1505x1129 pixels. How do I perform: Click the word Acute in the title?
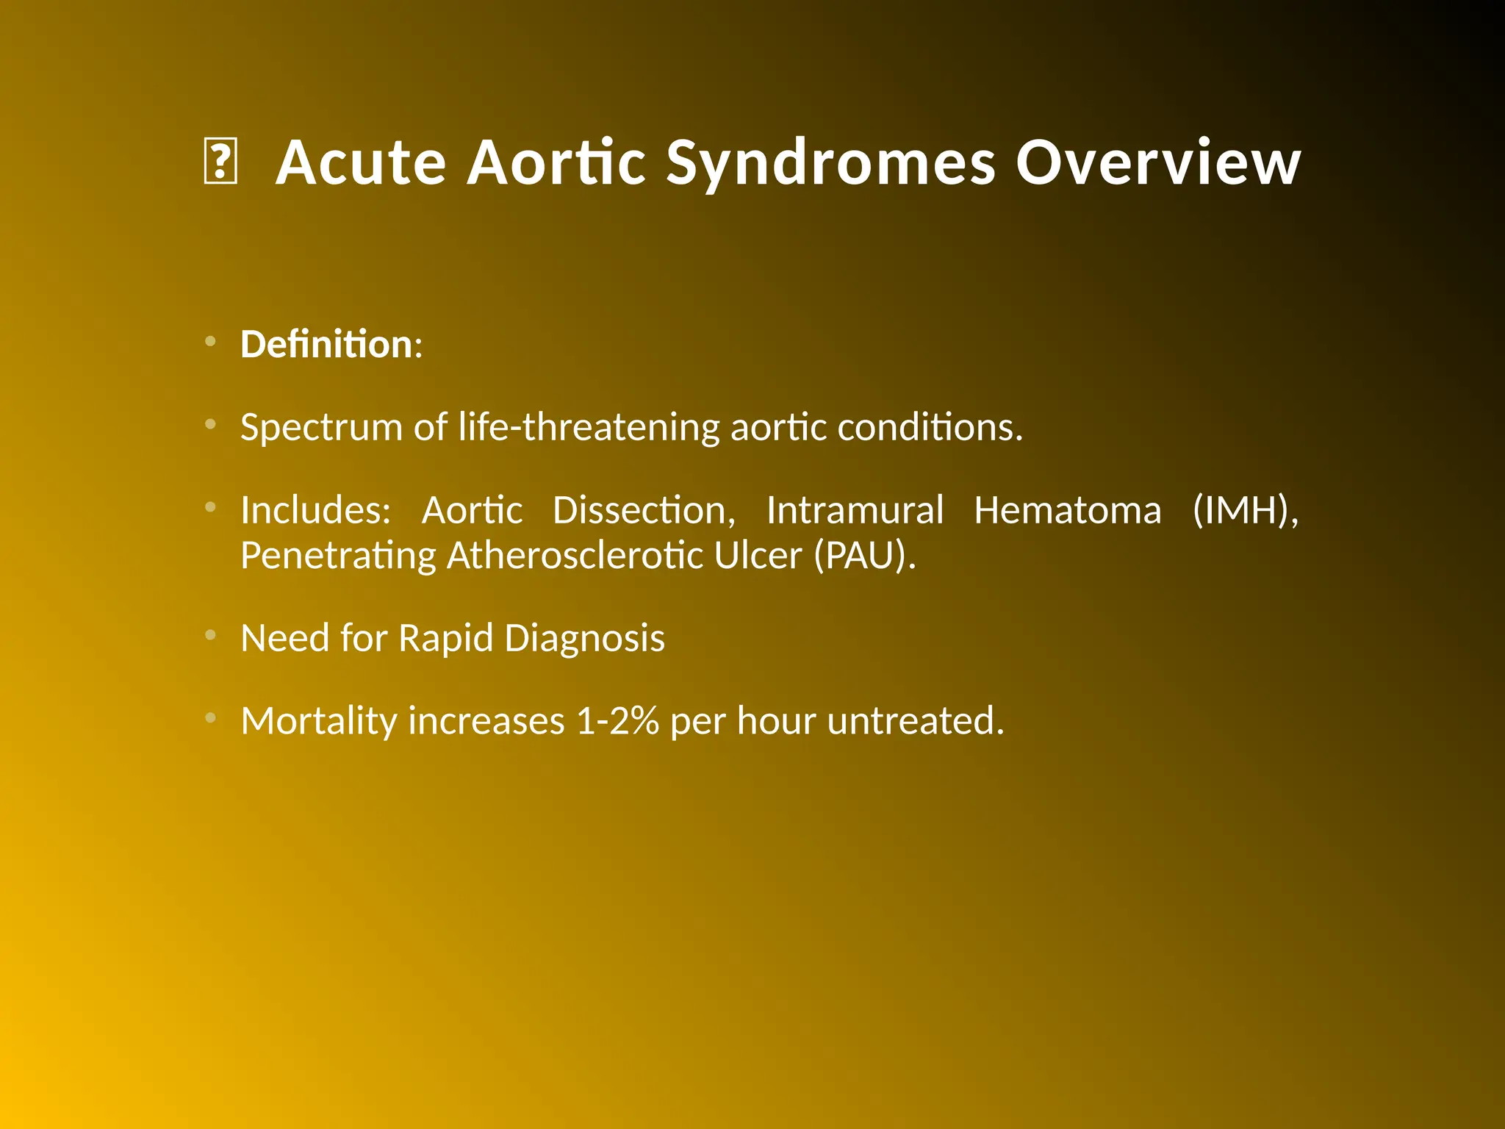click(x=361, y=162)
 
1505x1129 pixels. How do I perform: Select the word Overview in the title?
click(x=1158, y=162)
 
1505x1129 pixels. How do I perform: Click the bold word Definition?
click(x=326, y=344)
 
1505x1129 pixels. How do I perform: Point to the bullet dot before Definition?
click(x=210, y=341)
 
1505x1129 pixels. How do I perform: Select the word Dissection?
click(x=644, y=510)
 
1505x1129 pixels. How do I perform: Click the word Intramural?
click(x=855, y=510)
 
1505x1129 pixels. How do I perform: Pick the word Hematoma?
click(x=1067, y=510)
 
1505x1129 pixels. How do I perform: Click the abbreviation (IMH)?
click(x=1245, y=510)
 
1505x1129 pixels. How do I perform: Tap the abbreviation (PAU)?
click(x=865, y=556)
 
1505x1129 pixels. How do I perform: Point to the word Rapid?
click(x=445, y=638)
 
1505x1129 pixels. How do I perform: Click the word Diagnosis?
click(x=584, y=638)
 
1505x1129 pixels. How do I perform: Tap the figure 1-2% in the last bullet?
click(x=617, y=721)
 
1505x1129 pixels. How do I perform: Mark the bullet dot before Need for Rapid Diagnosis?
click(x=210, y=635)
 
